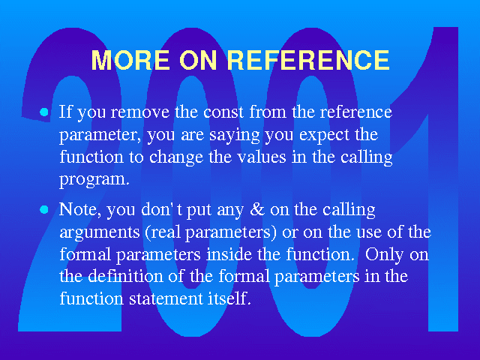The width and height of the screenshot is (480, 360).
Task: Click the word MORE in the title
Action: point(130,60)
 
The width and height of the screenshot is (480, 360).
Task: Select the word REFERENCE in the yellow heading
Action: point(308,60)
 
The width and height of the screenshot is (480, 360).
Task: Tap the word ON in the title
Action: point(198,60)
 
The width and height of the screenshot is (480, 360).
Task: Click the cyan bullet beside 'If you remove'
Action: point(44,112)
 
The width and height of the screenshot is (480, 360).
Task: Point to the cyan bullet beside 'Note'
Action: point(44,210)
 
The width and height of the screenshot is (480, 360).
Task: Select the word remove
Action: point(140,112)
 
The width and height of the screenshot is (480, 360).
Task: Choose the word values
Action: point(262,157)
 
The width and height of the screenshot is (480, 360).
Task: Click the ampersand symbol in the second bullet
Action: point(257,209)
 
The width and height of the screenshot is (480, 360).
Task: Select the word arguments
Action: point(100,233)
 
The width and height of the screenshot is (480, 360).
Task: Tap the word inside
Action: point(229,254)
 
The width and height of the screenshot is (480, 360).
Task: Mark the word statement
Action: point(166,298)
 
